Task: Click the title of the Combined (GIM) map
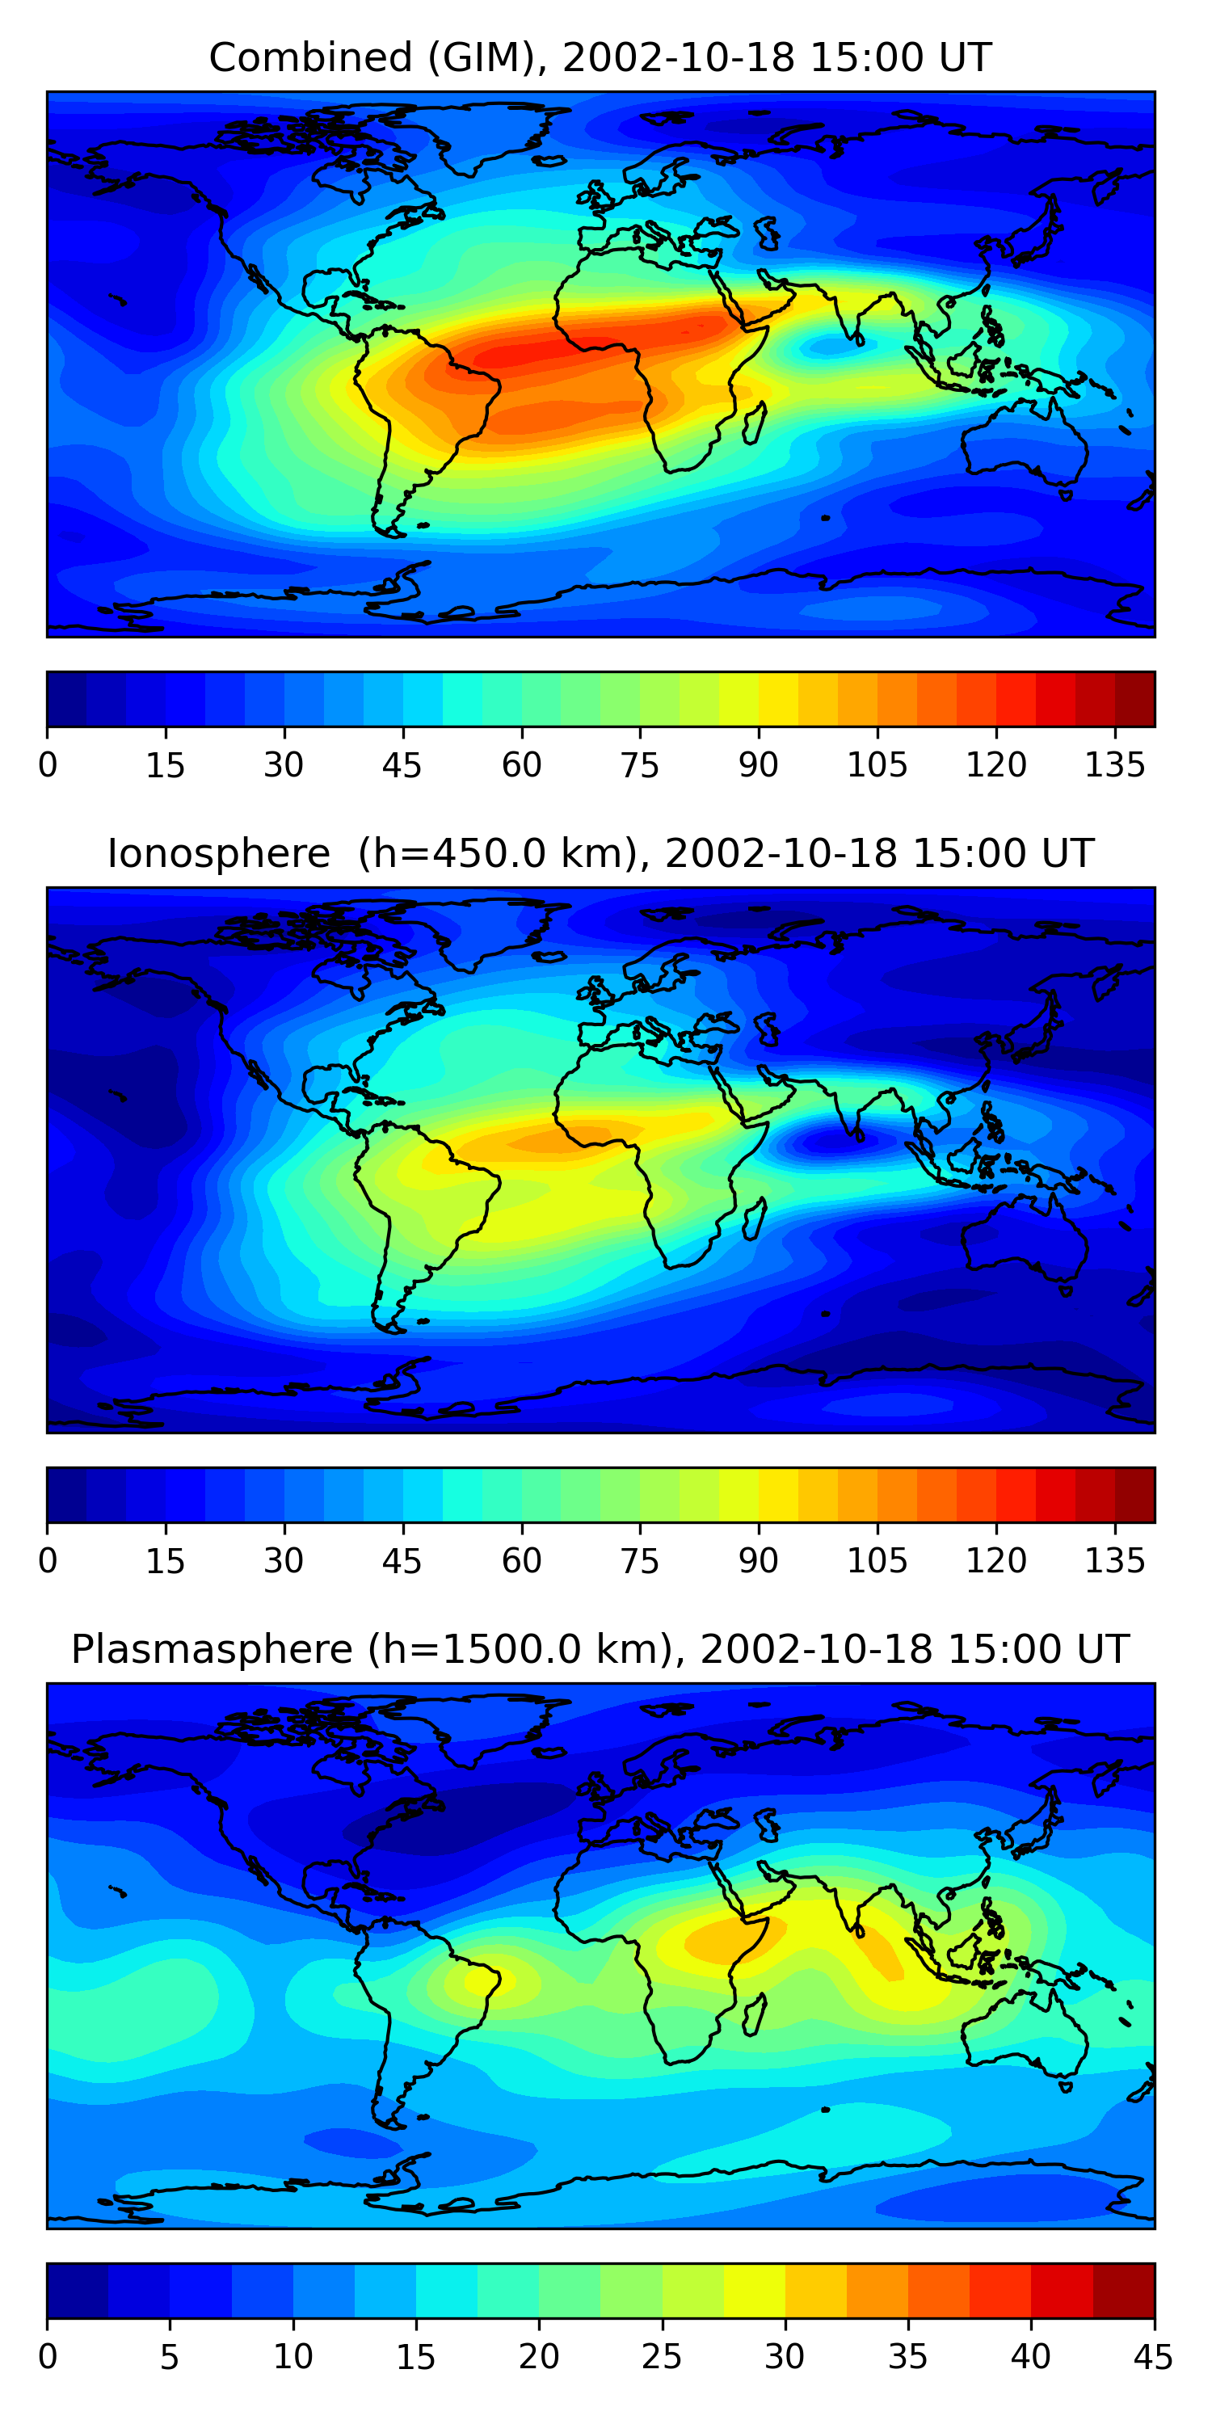600,57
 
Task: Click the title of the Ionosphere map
600,853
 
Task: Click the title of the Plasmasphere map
600,1650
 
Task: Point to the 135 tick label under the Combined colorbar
1115,765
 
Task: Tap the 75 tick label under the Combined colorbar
640,765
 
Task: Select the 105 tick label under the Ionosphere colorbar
877,1561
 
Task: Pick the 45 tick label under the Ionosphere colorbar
402,1561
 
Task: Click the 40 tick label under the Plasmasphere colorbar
1030,2357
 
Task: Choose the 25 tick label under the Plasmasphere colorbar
662,2357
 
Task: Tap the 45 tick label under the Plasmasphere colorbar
1153,2357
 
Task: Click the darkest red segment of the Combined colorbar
1135,699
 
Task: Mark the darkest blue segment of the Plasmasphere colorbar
77,2291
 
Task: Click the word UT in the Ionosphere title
1067,853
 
